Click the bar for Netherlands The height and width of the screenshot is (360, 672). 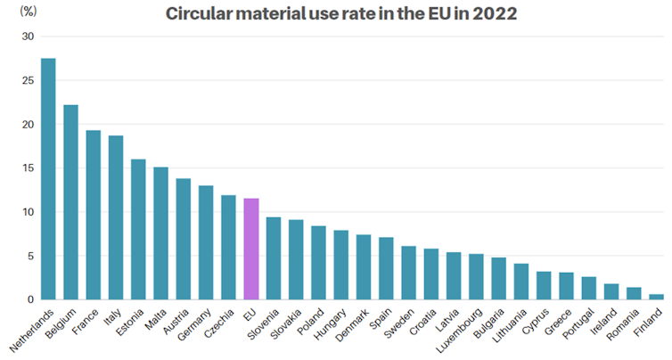(x=48, y=178)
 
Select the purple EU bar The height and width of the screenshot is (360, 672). (x=250, y=249)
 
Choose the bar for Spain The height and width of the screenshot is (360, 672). (x=386, y=268)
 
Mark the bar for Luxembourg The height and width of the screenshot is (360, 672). (x=476, y=277)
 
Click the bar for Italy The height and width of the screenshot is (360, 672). (x=116, y=217)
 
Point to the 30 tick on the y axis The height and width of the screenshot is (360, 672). (x=27, y=37)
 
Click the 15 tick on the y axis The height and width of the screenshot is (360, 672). (x=27, y=168)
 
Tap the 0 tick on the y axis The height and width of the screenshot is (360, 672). (x=29, y=300)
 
